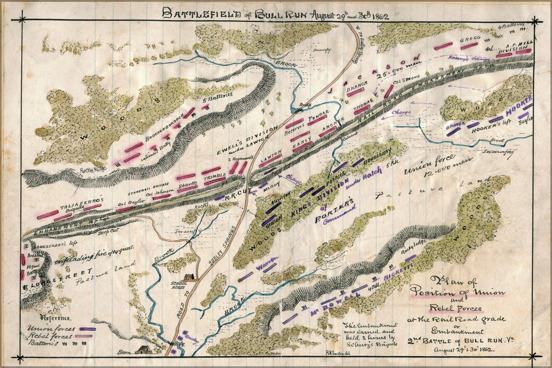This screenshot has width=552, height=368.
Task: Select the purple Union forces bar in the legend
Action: click(86, 329)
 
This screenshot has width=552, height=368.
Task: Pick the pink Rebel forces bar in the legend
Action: click(86, 335)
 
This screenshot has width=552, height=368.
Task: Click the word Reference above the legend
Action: click(54, 319)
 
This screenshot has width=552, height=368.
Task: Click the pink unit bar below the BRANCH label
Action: click(356, 92)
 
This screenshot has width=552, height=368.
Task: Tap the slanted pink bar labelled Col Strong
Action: click(388, 91)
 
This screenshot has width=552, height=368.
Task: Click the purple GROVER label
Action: click(455, 126)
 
